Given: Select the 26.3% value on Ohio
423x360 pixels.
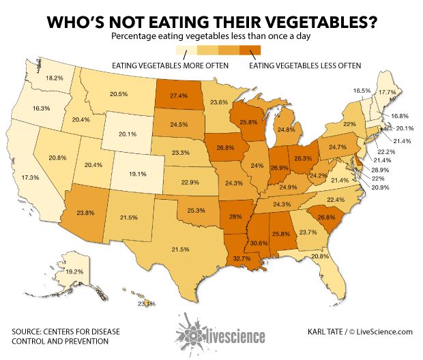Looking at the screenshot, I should coord(303,159).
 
